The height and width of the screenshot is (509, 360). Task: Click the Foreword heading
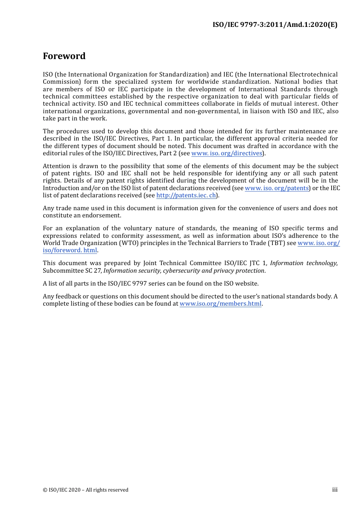pyautogui.click(x=64, y=56)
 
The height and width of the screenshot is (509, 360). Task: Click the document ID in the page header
pyautogui.click(x=275, y=25)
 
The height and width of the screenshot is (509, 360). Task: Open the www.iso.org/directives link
pyautogui.click(x=227, y=153)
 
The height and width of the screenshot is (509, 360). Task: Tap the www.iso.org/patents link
pyautogui.click(x=277, y=188)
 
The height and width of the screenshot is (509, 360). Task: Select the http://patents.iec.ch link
pyautogui.click(x=186, y=195)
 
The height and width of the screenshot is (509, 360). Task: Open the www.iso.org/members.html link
pyautogui.click(x=221, y=304)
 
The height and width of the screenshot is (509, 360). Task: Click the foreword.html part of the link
pyautogui.click(x=70, y=250)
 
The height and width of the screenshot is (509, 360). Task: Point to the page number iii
pyautogui.click(x=335, y=490)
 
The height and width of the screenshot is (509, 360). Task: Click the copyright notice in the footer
pyautogui.click(x=86, y=490)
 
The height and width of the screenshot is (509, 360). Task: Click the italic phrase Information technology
pyautogui.click(x=303, y=263)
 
